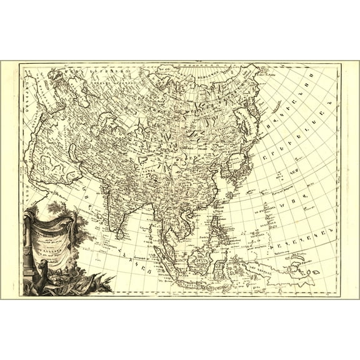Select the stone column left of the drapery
coord(29,244)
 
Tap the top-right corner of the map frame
coord(341,62)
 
